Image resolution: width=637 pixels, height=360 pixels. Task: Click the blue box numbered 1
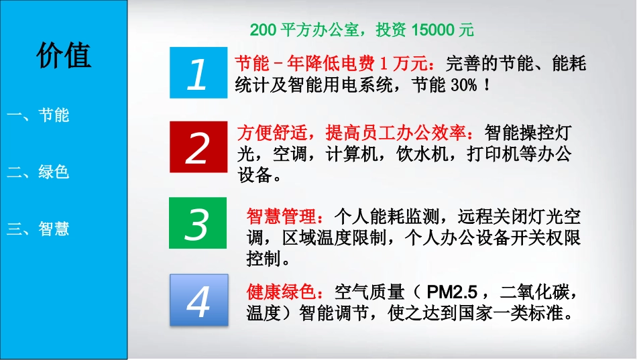click(x=197, y=73)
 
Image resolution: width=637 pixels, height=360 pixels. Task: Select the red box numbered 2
click(x=197, y=147)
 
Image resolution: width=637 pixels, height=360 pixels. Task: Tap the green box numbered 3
click(x=197, y=223)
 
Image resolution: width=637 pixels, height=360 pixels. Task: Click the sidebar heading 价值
click(x=64, y=56)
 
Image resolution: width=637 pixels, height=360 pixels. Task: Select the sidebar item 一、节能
click(x=39, y=115)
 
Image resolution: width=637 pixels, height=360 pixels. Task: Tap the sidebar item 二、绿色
click(x=39, y=172)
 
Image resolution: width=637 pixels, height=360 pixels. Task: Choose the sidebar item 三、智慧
click(x=39, y=229)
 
